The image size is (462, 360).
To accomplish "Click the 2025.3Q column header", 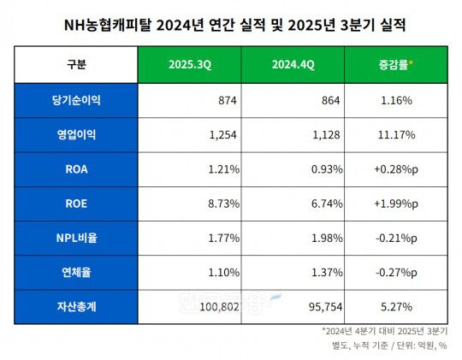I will [x=188, y=65].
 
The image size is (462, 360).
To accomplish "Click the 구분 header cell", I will [x=76, y=65].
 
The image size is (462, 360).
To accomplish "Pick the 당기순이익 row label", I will [x=76, y=100].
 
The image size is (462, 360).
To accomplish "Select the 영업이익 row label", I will [x=76, y=134].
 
